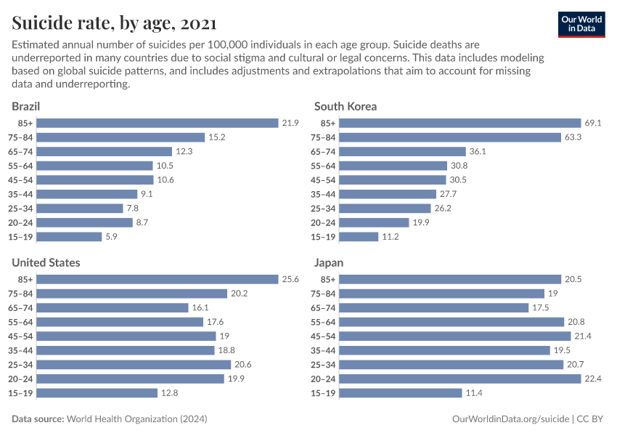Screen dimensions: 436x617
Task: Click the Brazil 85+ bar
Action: pos(158,123)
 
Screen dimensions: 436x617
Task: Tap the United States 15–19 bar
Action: pos(97,392)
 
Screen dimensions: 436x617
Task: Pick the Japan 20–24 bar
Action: pos(460,379)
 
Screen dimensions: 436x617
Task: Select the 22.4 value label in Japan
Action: pos(593,379)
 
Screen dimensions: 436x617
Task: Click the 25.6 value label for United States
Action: pos(290,279)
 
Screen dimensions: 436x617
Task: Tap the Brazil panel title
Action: pos(26,106)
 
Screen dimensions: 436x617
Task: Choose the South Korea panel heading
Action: pos(346,106)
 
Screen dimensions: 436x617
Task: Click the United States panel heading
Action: pos(46,262)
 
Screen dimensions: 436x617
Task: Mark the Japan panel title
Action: pos(329,262)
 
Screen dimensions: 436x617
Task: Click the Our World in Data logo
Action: pos(581,23)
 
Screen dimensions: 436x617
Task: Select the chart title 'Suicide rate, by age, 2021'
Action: pos(113,23)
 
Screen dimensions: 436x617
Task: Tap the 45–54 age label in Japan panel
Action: pos(323,336)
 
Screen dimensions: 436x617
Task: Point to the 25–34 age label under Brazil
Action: pos(20,209)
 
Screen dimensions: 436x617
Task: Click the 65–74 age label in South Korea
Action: pos(323,152)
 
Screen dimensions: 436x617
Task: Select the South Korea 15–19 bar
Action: pos(359,237)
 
